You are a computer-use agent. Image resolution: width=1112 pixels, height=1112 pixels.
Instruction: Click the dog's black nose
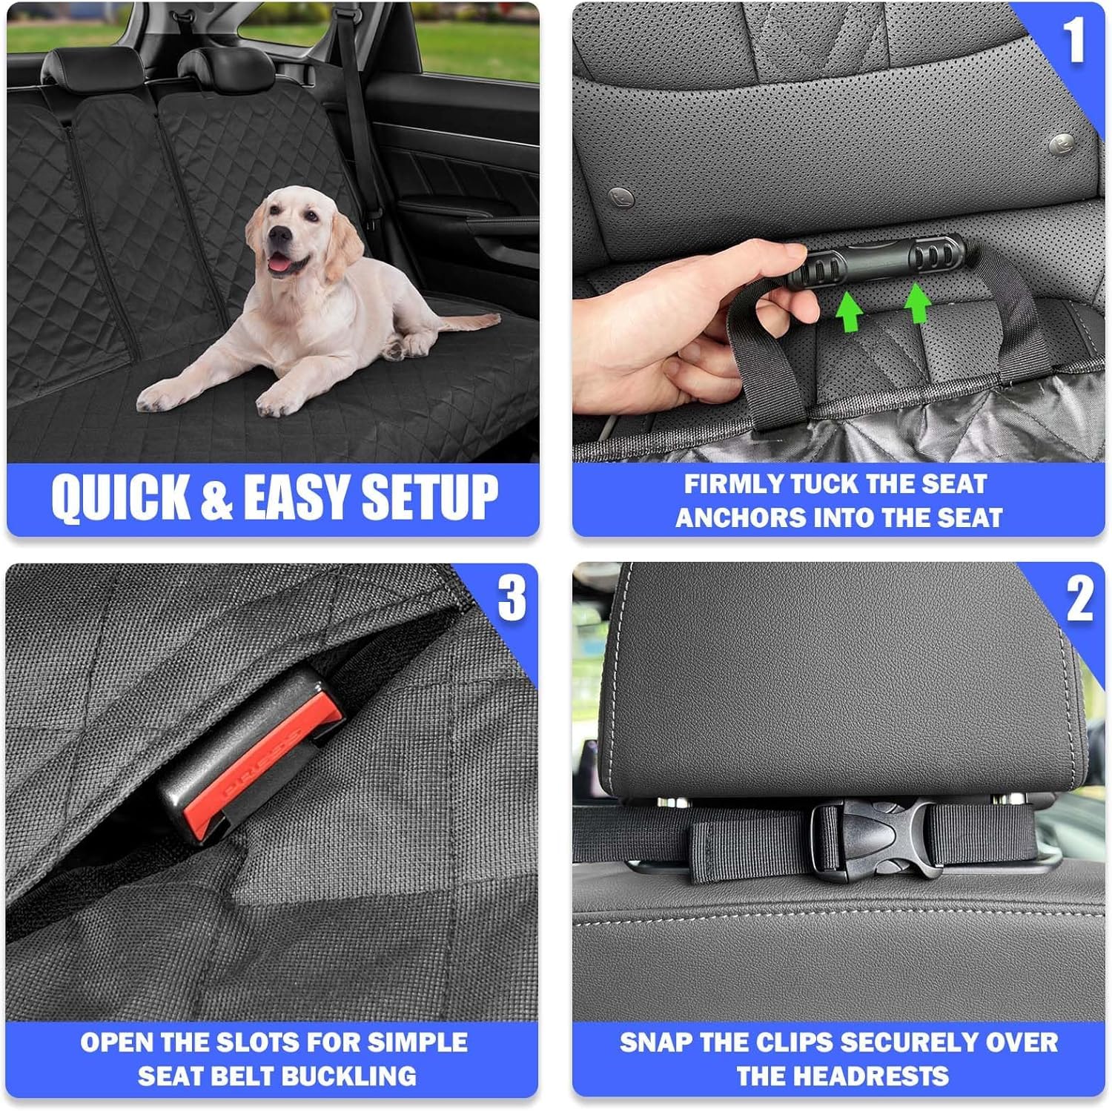coord(279,235)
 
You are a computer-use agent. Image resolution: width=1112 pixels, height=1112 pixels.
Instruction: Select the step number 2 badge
coord(1079,599)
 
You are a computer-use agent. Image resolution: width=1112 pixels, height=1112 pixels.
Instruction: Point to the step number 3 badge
coord(512,598)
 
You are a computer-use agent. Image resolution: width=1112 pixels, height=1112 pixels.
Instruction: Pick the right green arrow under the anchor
coord(917,302)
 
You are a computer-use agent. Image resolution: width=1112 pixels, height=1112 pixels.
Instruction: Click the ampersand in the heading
coord(216,498)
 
